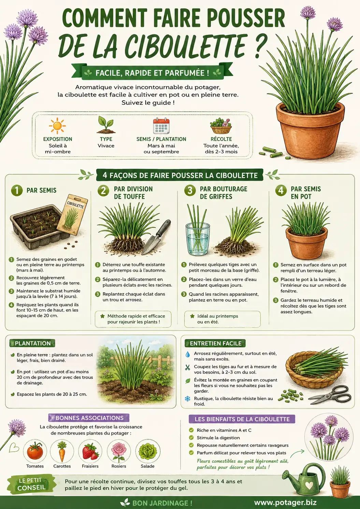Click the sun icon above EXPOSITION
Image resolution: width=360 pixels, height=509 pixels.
(57, 126)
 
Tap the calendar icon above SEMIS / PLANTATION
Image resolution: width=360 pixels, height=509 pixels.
(161, 126)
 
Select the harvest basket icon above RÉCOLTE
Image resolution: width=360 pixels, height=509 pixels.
(221, 126)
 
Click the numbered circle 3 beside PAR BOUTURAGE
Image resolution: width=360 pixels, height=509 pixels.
(190, 190)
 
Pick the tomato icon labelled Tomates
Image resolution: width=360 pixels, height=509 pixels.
(35, 451)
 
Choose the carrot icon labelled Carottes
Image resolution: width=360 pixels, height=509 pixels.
(62, 451)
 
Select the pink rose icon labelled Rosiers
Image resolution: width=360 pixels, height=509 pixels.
(118, 451)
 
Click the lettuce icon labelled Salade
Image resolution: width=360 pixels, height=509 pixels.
(148, 451)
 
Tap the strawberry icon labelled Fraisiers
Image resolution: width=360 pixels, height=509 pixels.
(90, 451)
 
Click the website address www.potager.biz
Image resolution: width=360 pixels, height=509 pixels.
(285, 503)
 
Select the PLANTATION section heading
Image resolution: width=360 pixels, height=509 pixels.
(32, 343)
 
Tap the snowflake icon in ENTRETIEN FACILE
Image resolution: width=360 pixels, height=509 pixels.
(187, 399)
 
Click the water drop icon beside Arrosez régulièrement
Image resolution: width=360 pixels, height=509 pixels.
(188, 354)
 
